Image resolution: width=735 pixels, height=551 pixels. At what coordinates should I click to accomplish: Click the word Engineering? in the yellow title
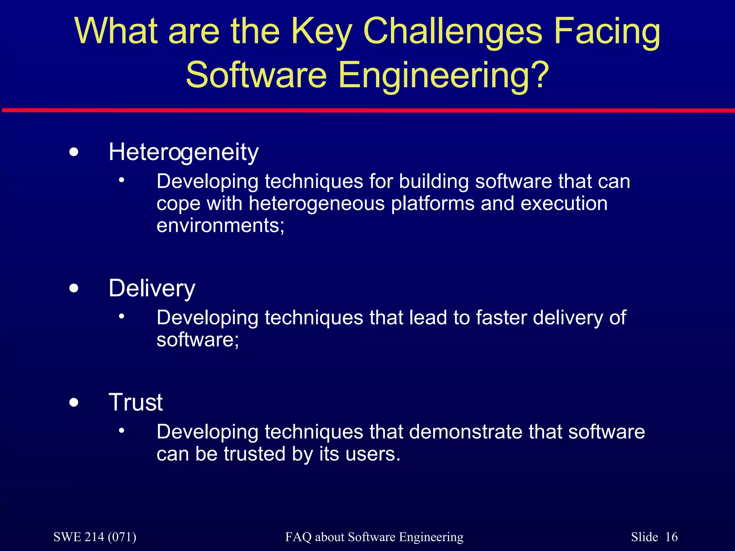pyautogui.click(x=444, y=75)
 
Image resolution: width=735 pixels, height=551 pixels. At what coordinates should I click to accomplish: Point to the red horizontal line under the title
pyautogui.click(x=367, y=110)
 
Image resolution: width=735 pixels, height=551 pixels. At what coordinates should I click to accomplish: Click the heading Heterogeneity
pyautogui.click(x=183, y=152)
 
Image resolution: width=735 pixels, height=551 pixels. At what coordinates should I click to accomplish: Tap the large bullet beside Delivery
pyautogui.click(x=74, y=288)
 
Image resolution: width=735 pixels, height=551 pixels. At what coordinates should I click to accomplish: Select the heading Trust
pyautogui.click(x=136, y=402)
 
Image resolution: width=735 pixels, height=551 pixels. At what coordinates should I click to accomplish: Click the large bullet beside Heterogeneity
pyautogui.click(x=74, y=152)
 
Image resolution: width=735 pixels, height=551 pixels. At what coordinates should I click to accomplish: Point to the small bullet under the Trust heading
pyautogui.click(x=122, y=430)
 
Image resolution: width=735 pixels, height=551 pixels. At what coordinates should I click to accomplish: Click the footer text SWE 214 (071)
pyautogui.click(x=95, y=537)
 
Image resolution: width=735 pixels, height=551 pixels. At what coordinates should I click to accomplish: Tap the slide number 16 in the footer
pyautogui.click(x=671, y=537)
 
